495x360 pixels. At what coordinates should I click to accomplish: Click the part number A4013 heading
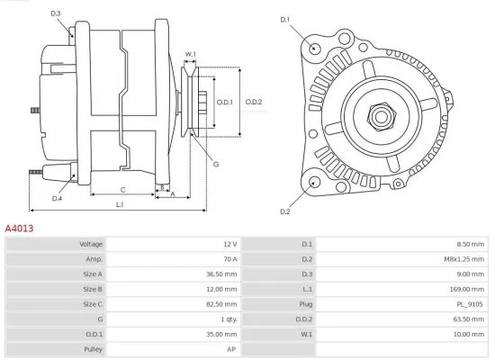click(x=20, y=229)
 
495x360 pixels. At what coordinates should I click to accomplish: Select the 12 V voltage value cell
click(x=229, y=244)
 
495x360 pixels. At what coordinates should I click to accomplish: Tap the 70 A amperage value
click(x=229, y=258)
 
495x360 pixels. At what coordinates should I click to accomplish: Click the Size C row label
click(x=93, y=304)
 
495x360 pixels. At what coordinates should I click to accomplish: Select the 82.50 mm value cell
click(x=223, y=304)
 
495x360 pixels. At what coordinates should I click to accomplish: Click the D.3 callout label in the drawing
click(x=56, y=13)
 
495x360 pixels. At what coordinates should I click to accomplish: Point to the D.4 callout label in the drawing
click(x=57, y=198)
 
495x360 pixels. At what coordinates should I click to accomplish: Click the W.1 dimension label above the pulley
click(x=191, y=55)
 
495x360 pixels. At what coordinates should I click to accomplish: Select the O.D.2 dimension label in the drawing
click(x=254, y=102)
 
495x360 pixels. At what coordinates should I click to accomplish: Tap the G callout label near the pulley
click(x=216, y=164)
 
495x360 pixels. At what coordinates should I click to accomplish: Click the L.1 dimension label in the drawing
click(x=120, y=206)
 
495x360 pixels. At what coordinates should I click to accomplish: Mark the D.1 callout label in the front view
click(x=285, y=19)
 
